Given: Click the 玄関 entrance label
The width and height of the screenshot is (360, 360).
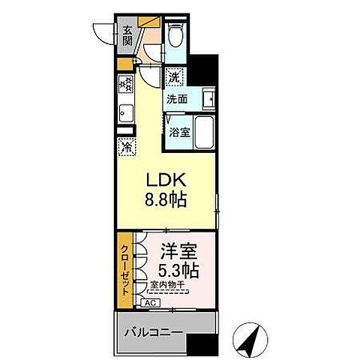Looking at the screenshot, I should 128,35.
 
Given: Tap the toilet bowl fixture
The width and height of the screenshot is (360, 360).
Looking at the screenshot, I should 174,36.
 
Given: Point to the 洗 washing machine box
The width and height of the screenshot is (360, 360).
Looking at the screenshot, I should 174,76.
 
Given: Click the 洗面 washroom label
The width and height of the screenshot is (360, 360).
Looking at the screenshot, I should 178,97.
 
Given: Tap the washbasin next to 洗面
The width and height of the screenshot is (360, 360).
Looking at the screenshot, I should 208,97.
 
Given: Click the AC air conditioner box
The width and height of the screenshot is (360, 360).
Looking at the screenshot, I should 149,301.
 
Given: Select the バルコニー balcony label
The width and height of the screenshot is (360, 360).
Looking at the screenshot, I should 149,331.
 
